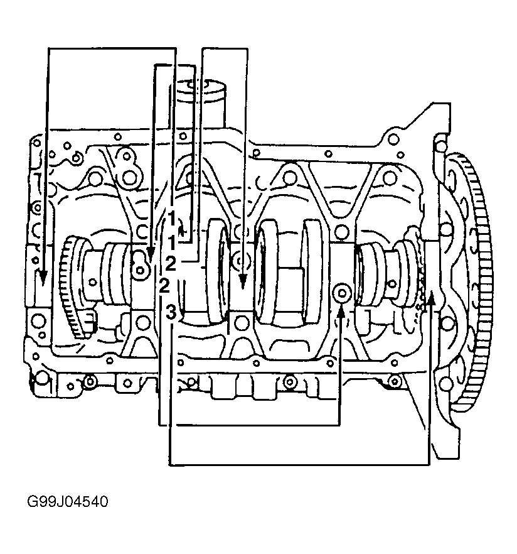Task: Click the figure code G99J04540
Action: click(67, 502)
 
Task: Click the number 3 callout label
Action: click(171, 312)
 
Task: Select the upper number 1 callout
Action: click(171, 219)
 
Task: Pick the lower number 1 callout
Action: click(172, 242)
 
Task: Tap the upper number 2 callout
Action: click(171, 264)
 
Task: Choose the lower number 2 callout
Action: click(164, 286)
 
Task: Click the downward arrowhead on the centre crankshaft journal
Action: click(242, 281)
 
